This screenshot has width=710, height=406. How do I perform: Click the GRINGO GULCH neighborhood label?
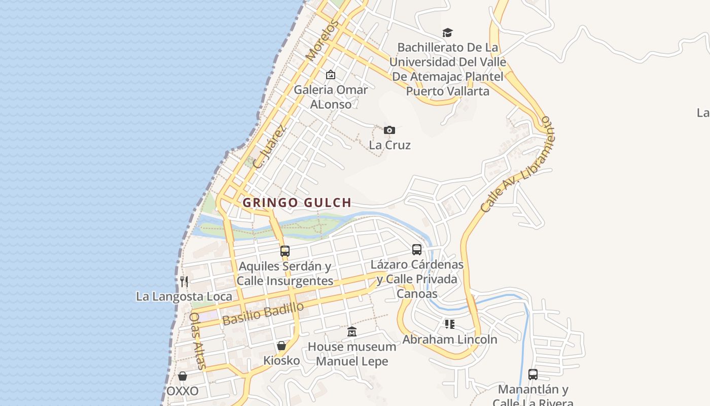297,203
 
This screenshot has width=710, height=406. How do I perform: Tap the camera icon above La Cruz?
389,130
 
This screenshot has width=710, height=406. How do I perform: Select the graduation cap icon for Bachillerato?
447,33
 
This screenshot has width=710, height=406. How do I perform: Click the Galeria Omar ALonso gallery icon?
331,75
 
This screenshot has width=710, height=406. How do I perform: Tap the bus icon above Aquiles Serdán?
285,251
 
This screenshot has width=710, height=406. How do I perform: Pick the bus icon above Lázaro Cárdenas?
417,249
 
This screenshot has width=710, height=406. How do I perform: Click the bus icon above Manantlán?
533,375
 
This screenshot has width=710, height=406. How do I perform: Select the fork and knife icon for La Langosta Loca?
184,281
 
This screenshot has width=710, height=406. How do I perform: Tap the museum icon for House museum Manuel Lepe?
352,332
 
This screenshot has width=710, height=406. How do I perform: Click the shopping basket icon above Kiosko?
281,346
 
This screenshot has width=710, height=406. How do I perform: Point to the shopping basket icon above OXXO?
183,376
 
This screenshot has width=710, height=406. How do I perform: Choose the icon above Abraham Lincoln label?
450,324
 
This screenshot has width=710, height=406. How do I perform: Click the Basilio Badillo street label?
263,313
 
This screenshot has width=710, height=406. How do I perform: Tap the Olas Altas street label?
197,341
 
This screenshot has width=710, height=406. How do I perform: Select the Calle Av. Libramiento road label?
518,164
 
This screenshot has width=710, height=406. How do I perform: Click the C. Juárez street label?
270,147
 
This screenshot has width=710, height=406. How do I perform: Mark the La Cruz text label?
389,145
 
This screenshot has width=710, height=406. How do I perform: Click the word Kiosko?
281,360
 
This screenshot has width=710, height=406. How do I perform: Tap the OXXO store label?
183,391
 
